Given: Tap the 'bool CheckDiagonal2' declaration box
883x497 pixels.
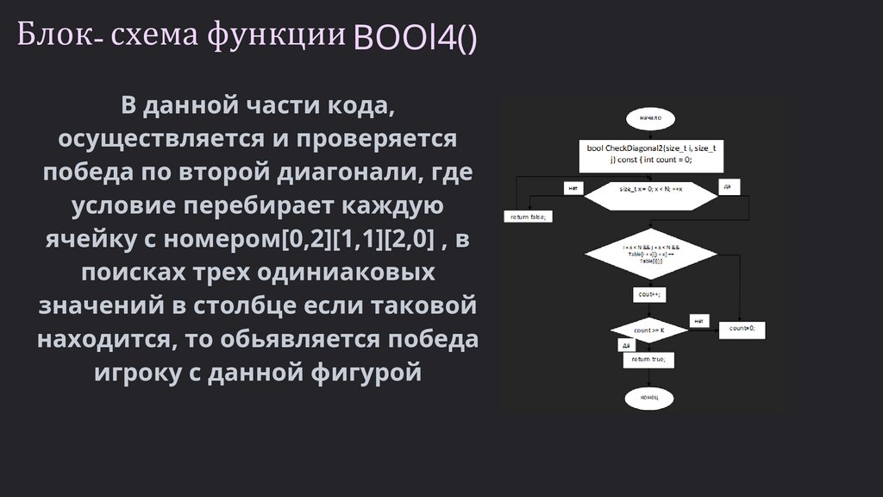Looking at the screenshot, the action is [x=651, y=154].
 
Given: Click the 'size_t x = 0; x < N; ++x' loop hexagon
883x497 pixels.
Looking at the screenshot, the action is [x=651, y=188].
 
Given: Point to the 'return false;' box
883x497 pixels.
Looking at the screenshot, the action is [x=528, y=217].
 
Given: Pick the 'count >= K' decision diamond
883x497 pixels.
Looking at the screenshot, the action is [x=648, y=330].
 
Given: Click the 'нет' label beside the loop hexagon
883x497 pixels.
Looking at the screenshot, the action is [x=572, y=187].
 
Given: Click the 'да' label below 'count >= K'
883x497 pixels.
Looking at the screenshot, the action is [x=627, y=345].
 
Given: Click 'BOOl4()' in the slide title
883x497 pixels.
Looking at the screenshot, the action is [x=414, y=38].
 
